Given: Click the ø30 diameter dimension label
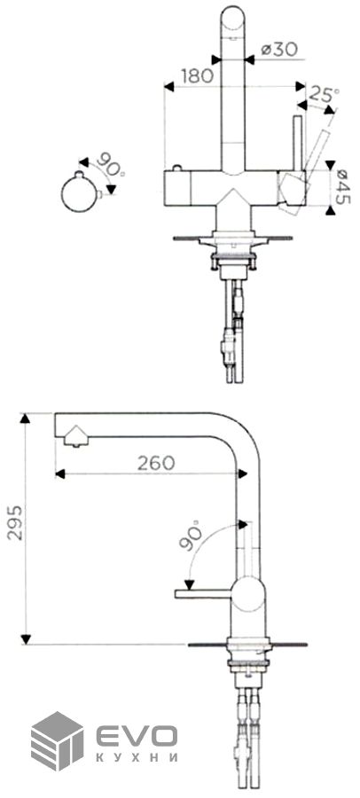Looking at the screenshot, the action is (x=279, y=50).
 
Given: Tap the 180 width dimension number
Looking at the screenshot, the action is (x=197, y=76).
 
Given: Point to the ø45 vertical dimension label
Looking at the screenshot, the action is (x=342, y=186).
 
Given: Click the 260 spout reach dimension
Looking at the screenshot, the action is (x=156, y=463).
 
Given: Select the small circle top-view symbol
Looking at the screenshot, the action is (x=80, y=193).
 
